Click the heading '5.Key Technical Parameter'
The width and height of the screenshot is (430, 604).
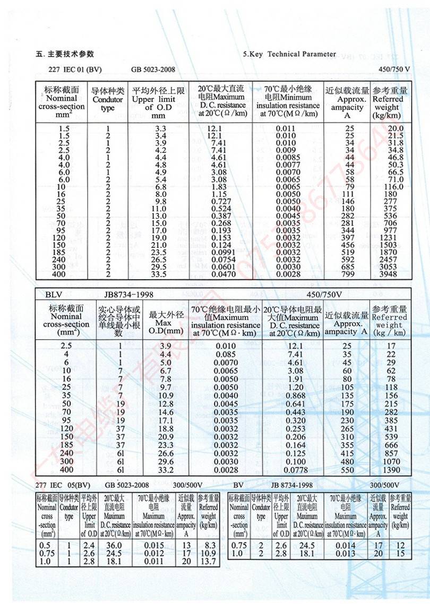pyautogui.click(x=289, y=54)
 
